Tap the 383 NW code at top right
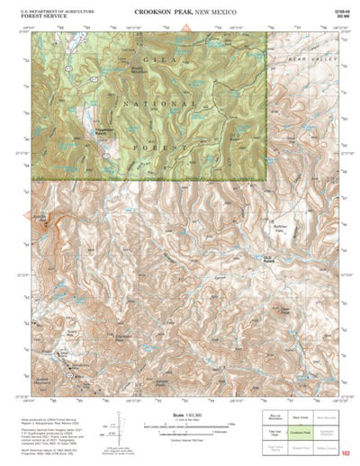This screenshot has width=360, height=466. click(341, 16)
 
